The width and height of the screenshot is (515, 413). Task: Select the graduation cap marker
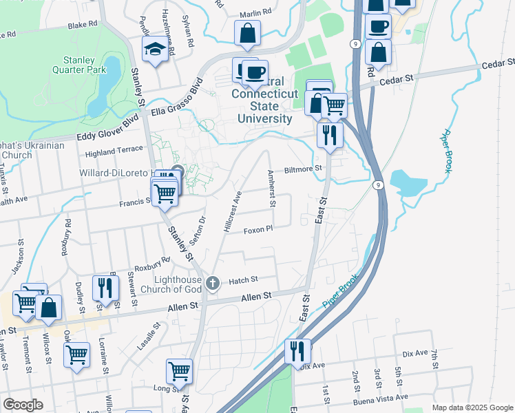point(154,50)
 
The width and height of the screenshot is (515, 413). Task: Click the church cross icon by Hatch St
point(213,282)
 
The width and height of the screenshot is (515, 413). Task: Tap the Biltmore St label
point(304,169)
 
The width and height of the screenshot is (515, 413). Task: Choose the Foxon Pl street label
point(259,229)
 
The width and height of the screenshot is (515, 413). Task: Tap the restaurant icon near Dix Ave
point(297,351)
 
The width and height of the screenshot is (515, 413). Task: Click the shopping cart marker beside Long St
point(179,371)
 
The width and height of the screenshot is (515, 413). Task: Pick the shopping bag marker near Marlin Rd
point(247,33)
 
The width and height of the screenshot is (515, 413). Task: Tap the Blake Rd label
point(84,25)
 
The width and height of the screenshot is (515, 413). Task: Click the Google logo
point(23,405)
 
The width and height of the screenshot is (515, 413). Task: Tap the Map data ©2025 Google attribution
point(472,407)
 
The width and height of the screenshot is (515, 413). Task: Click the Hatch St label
point(242,279)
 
